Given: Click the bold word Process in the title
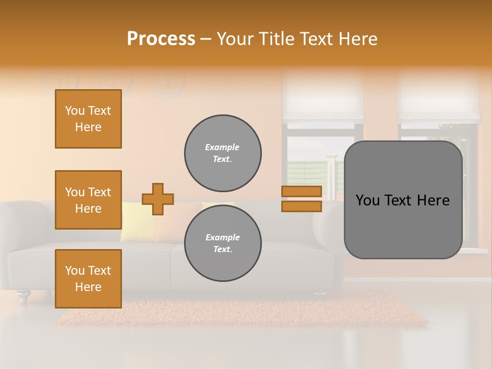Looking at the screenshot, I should [161, 39].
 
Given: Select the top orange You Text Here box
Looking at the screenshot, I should [88, 119].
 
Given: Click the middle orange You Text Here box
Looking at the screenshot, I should [88, 200].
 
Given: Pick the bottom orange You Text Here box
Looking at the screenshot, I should [88, 279].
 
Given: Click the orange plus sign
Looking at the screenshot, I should [158, 199].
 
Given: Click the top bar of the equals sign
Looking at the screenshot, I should [301, 192].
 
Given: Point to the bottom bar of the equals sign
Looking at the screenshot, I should [301, 207].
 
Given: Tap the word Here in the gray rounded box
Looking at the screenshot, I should [433, 200].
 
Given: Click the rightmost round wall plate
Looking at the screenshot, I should [169, 81].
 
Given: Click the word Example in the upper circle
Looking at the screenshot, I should [222, 147].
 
